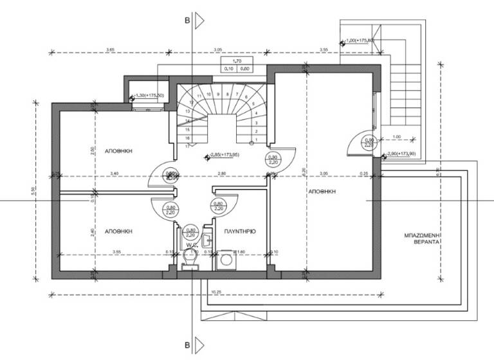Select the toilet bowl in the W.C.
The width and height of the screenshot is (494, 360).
(x=189, y=258)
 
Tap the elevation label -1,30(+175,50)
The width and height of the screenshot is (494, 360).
(x=150, y=96)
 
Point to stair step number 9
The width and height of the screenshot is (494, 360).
(x=218, y=94)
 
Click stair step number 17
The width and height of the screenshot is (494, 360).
(x=186, y=146)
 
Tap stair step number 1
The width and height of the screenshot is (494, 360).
(x=256, y=138)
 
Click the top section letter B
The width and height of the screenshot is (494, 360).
(x=187, y=21)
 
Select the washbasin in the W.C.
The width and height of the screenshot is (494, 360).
(x=206, y=241)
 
